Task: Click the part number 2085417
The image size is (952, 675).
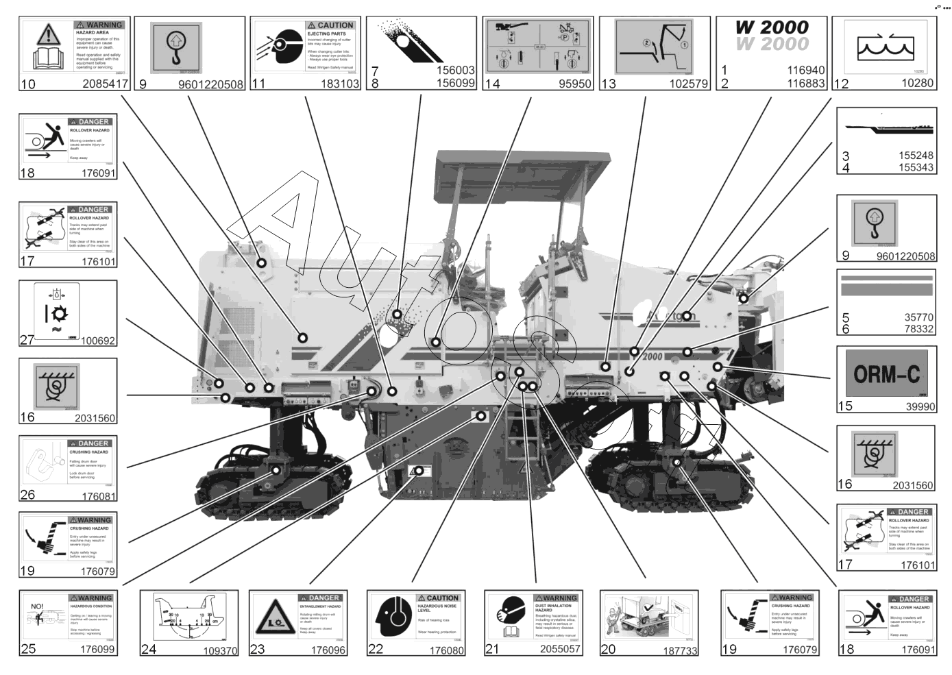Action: (105, 84)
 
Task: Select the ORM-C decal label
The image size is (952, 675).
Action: (886, 374)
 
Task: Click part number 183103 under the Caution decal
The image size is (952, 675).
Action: (340, 84)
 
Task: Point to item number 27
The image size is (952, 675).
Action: (27, 339)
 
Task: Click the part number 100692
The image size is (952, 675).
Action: (98, 341)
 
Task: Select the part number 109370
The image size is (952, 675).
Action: (220, 650)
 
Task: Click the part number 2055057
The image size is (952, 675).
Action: (560, 649)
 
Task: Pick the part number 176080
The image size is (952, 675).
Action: (446, 650)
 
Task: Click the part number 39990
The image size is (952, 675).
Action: (920, 406)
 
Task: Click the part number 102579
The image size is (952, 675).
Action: (688, 84)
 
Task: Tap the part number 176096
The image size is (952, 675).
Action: (328, 650)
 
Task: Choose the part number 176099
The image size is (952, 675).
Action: (97, 649)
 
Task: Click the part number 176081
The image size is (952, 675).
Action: (99, 496)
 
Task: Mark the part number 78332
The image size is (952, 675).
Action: (918, 329)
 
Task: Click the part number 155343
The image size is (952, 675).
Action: (916, 167)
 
